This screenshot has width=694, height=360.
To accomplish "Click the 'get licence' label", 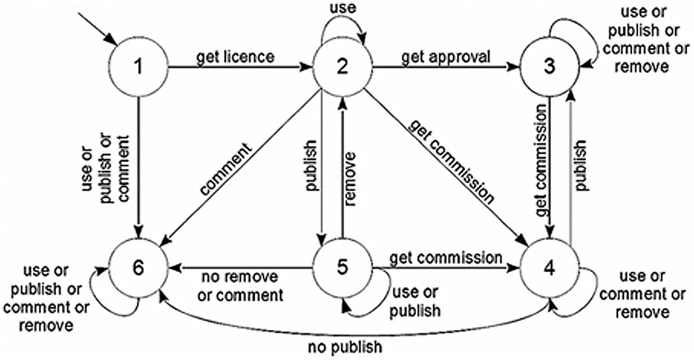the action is tap(235, 57).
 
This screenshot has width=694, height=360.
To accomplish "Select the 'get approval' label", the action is tap(446, 58).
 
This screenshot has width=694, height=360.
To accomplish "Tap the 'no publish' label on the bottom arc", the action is tap(345, 347).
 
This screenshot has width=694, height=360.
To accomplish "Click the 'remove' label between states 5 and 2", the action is tap(350, 179).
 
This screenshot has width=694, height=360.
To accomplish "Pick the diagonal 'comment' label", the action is tap(226, 169).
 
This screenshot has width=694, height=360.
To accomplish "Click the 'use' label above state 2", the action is tap(343, 8).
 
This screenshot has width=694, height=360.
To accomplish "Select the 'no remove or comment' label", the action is tap(240, 286).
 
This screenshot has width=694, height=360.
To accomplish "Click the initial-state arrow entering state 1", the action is tap(97, 29).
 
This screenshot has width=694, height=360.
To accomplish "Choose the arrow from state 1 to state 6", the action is tap(138, 167).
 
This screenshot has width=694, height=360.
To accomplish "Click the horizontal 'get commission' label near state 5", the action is tap(445, 258).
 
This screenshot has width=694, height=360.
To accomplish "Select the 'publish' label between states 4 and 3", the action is tap(580, 166).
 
